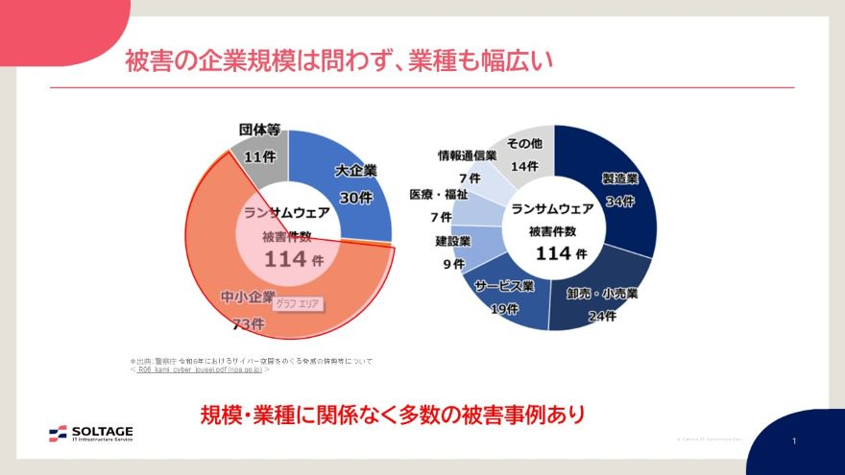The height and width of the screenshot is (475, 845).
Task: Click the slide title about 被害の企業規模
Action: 340,60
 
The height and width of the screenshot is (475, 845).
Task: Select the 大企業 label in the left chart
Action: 355,171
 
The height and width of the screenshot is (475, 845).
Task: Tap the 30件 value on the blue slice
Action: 355,197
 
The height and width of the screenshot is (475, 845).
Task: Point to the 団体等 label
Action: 259,129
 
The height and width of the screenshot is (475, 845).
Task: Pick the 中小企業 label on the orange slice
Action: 248,296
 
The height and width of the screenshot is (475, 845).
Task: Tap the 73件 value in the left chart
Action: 248,325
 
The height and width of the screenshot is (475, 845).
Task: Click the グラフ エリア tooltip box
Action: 299,304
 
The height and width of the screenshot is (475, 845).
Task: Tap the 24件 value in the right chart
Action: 601,317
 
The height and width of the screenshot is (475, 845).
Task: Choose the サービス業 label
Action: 504,286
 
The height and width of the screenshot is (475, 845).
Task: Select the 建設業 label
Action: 452,241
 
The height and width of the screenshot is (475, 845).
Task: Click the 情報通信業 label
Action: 467,154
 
